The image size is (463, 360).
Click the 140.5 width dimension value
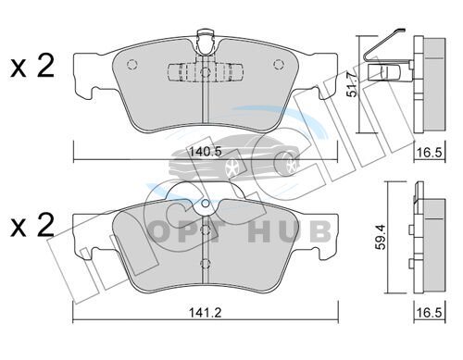pyautogui.click(x=206, y=152)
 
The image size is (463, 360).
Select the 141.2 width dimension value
pyautogui.click(x=206, y=313)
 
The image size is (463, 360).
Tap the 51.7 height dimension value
pyautogui.click(x=353, y=84)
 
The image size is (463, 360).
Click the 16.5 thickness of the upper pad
pyautogui.click(x=431, y=152)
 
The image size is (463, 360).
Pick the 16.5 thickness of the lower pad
pyautogui.click(x=431, y=313)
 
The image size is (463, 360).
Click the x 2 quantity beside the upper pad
pyautogui.click(x=32, y=66)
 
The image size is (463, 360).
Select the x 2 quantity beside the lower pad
pyautogui.click(x=32, y=225)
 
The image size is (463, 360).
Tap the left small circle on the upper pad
pyautogui.click(x=132, y=64)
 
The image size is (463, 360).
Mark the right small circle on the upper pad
pyautogui.click(x=279, y=64)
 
